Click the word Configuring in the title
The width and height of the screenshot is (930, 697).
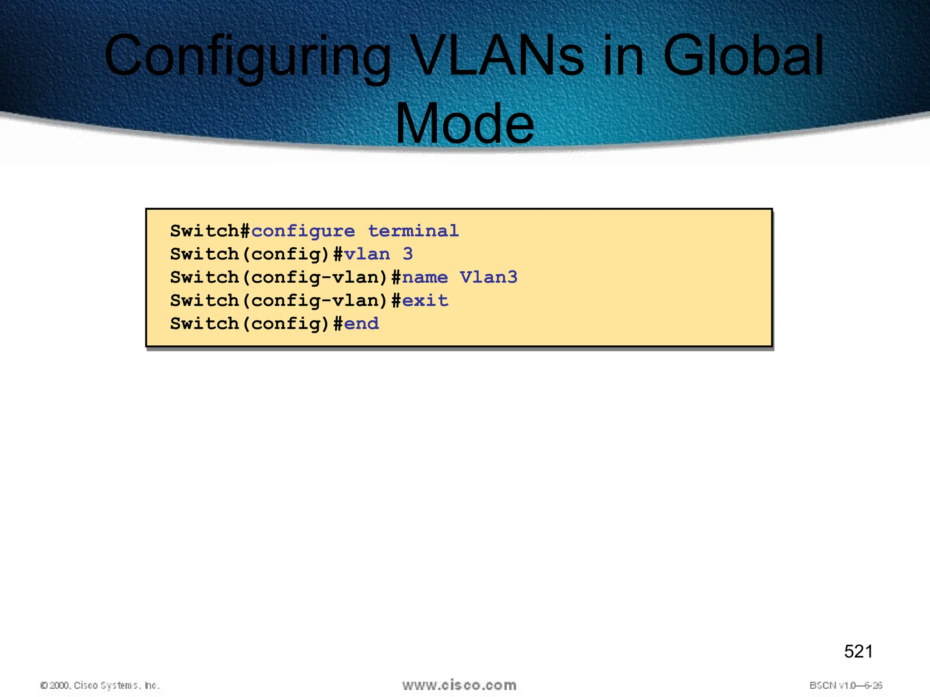247,57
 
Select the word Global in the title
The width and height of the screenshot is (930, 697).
743,57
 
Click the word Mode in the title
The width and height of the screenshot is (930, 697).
465,124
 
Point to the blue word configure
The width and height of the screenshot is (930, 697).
303,231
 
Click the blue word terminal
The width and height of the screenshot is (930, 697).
413,231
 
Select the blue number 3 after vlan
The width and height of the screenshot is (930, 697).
408,254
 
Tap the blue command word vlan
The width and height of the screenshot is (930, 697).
367,254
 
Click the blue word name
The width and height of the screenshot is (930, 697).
425,277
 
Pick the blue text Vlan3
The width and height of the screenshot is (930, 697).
488,277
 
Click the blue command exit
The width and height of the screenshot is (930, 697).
425,300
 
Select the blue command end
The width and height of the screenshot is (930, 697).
361,324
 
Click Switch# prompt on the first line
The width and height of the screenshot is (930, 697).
210,231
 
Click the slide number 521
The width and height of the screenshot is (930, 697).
858,652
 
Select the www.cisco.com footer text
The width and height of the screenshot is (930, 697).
459,685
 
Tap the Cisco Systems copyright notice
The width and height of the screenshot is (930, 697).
100,685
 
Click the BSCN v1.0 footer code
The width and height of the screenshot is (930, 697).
846,685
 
